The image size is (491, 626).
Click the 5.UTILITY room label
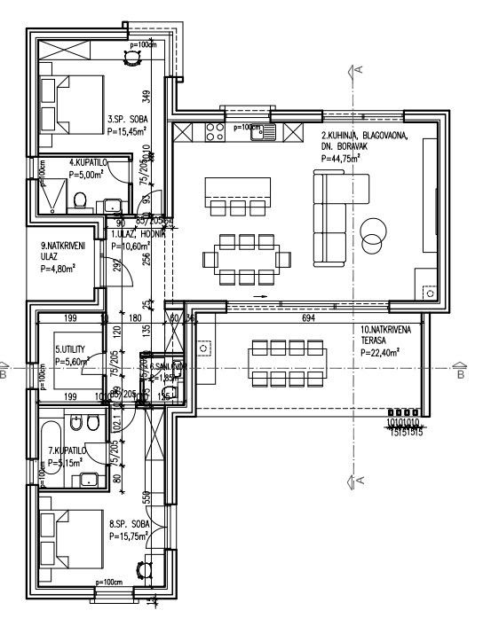coord(72,350)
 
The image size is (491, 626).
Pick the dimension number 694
coord(308,317)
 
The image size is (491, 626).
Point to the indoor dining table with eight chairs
coord(248,258)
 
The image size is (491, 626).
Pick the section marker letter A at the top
coord(360,67)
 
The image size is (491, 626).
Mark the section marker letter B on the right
coord(460,374)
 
